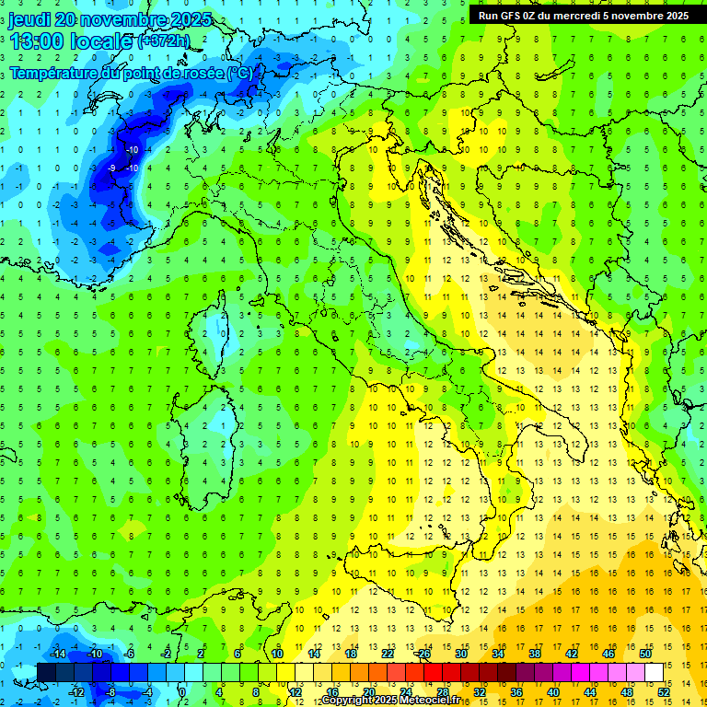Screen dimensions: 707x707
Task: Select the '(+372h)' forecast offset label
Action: coord(164,41)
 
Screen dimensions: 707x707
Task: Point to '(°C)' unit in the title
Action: coord(238,73)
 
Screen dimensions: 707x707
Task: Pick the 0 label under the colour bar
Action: coord(182,691)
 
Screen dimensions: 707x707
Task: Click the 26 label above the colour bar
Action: coord(423,654)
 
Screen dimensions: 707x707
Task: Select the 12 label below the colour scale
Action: coord(296,691)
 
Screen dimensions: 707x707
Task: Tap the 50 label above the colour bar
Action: coord(644,654)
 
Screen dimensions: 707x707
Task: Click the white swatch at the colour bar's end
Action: coord(654,672)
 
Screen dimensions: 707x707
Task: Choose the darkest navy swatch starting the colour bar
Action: coord(47,672)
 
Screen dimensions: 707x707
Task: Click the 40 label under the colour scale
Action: coord(552,691)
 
